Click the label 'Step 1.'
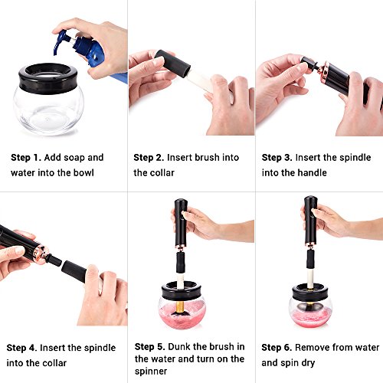click(x=26, y=158)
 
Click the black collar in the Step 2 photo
click(x=172, y=64)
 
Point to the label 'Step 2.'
click(x=149, y=158)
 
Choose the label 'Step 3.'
click(x=277, y=158)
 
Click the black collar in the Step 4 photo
click(x=74, y=271)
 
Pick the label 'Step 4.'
click(x=22, y=348)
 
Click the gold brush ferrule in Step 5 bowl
click(x=181, y=306)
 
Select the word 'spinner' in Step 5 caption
click(x=151, y=372)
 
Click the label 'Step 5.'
click(x=150, y=347)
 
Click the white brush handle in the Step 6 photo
click(x=311, y=277)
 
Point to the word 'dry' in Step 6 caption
click(x=307, y=363)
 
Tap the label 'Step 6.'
click(x=277, y=348)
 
